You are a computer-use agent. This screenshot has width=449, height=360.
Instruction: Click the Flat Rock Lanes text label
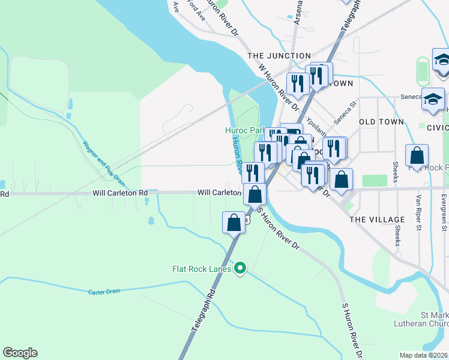pyautogui.click(x=202, y=268)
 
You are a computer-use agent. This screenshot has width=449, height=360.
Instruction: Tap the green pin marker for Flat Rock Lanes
pyautogui.click(x=240, y=268)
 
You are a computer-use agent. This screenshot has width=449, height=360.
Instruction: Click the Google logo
pyautogui.click(x=20, y=353)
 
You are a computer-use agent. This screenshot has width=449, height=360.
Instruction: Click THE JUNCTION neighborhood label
pyautogui.click(x=279, y=56)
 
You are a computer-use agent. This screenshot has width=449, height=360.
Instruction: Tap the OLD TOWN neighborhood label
pyautogui.click(x=381, y=122)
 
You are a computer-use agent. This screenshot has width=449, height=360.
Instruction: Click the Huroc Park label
pyautogui.click(x=244, y=130)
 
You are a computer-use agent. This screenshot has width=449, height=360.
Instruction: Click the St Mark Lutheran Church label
pyautogui.click(x=426, y=319)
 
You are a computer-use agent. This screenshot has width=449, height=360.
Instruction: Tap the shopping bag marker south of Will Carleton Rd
pyautogui.click(x=234, y=223)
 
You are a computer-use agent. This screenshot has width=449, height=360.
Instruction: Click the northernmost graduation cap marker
pyautogui.click(x=442, y=59)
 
